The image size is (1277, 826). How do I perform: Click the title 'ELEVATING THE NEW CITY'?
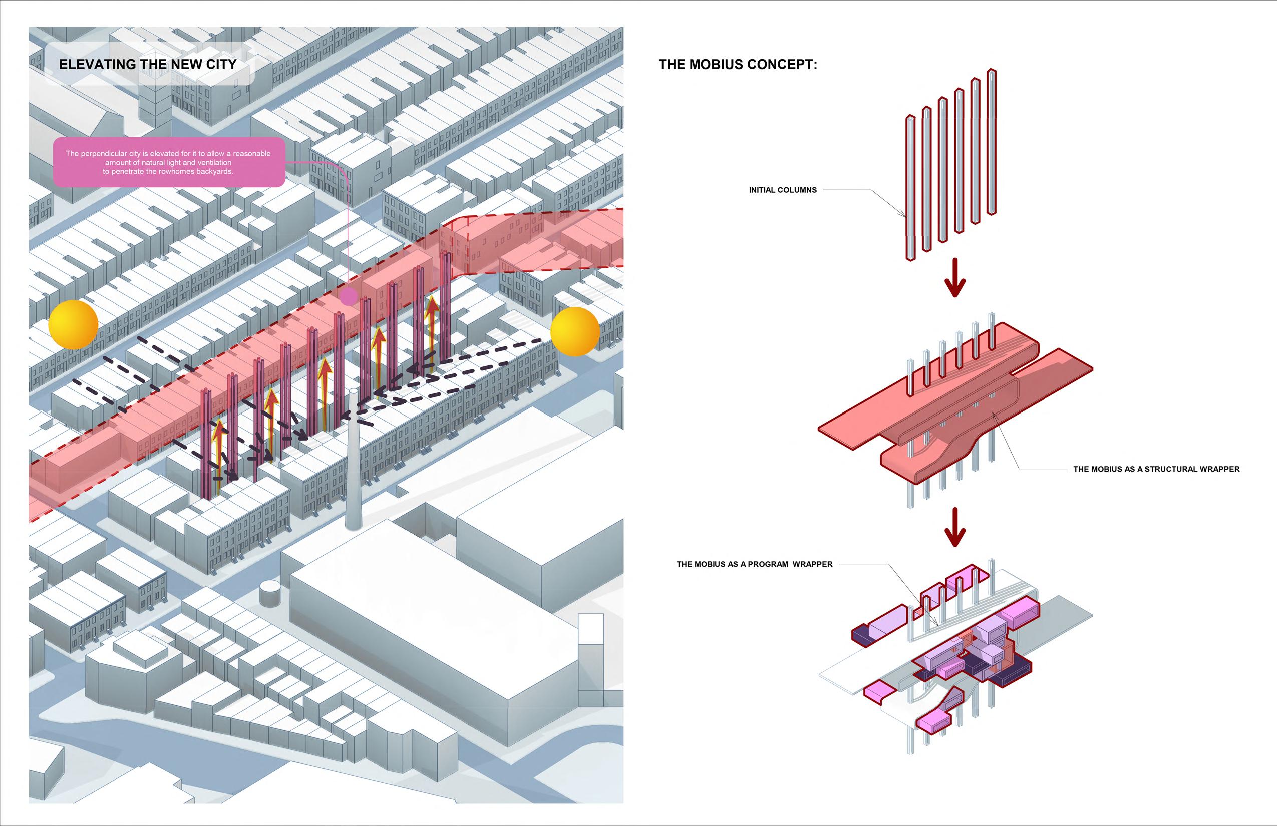[148, 65]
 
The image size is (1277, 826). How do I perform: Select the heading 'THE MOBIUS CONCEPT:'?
[738, 65]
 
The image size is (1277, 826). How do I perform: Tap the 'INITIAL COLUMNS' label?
[783, 190]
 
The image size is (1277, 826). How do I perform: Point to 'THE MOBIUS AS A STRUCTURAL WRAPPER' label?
[1156, 469]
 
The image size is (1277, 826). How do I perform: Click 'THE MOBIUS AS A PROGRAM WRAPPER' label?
[754, 564]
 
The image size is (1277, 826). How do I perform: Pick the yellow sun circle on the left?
[74, 324]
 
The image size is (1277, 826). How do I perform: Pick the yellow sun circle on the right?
[575, 331]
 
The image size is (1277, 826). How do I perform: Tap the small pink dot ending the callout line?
[349, 295]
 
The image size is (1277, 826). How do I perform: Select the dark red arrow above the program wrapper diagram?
[955, 528]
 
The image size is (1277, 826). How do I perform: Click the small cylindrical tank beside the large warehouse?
[270, 594]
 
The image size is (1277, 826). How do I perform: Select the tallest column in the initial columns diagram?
[992, 142]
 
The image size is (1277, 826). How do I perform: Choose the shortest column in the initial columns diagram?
[910, 188]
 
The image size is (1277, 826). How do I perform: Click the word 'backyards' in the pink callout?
[215, 172]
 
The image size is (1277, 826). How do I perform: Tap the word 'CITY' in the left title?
[221, 65]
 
